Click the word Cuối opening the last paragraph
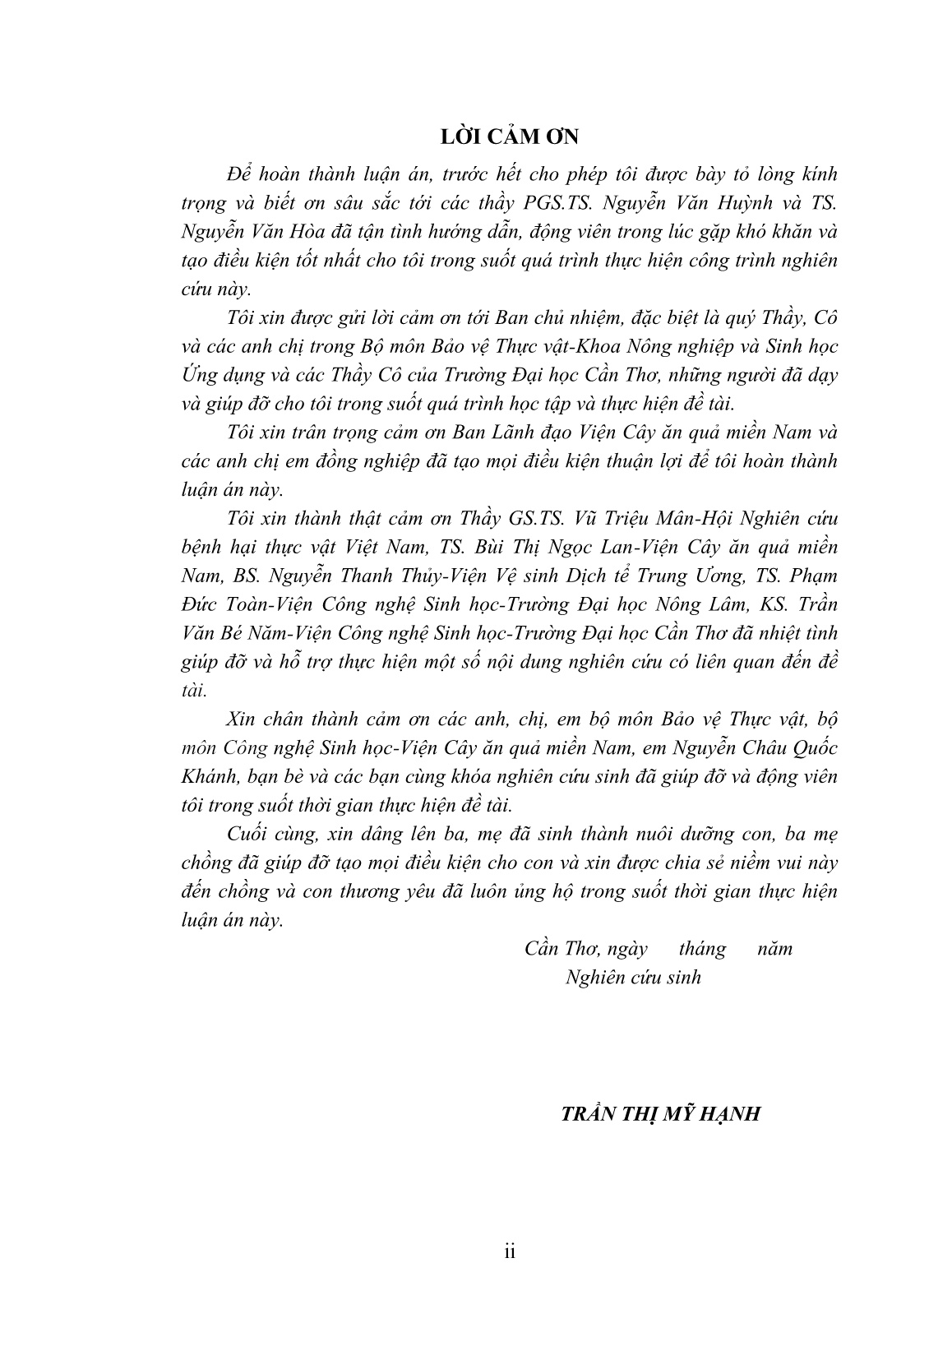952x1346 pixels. click(x=246, y=834)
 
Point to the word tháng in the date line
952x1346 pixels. click(x=702, y=949)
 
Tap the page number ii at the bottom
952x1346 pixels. click(x=509, y=1252)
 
